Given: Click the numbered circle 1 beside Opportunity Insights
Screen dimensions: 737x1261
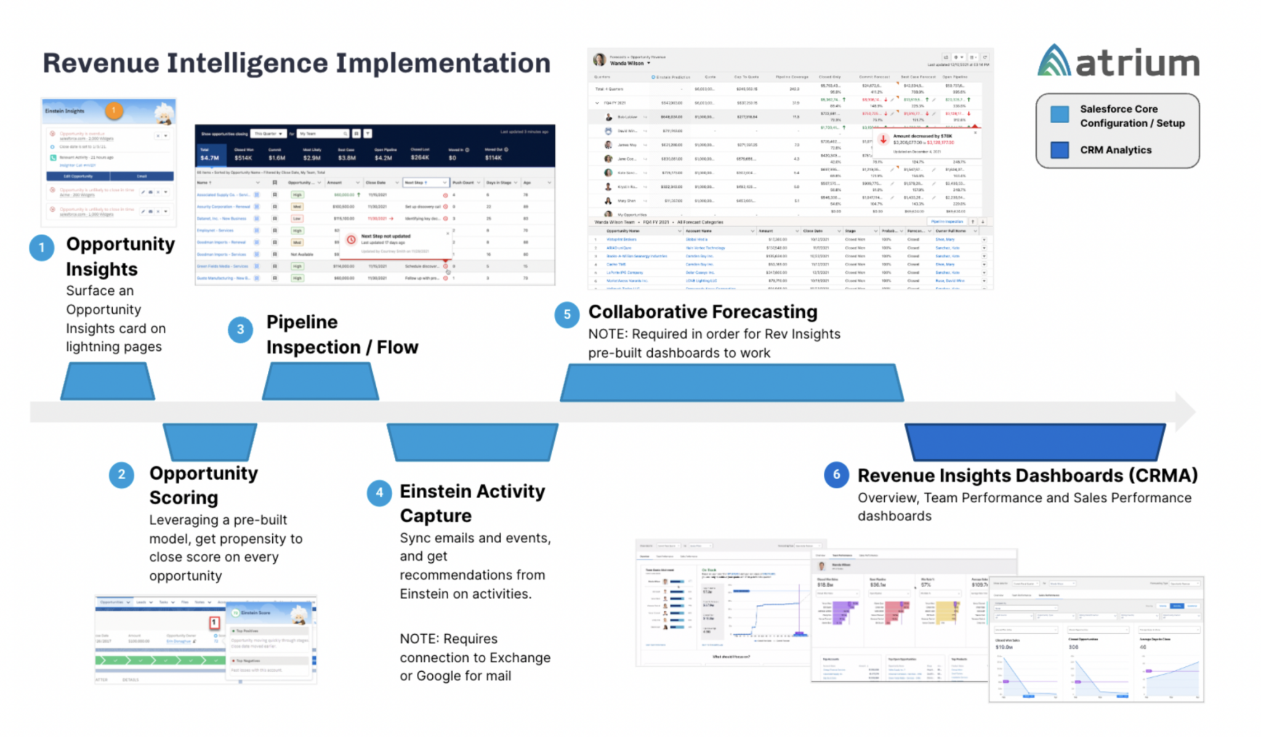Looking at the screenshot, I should point(41,248).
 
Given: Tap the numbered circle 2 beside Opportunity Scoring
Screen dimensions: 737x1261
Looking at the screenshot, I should point(121,475).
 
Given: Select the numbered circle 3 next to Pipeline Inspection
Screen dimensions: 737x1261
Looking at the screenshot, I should point(240,329).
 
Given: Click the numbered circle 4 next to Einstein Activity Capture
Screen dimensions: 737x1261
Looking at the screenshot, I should point(379,493).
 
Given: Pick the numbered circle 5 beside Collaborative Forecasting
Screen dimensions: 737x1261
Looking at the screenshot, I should point(566,315).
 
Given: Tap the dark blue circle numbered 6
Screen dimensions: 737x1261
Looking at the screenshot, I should point(836,475).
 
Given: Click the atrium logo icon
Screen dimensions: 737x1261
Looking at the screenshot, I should point(1054,61).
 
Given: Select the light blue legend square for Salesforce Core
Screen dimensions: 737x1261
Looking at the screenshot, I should point(1059,115).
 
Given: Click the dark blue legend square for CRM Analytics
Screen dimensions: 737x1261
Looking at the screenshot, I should point(1059,150).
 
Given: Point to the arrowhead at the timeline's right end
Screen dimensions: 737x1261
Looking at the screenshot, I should point(1184,411).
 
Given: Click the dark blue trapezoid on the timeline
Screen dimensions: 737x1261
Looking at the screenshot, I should point(1034,441).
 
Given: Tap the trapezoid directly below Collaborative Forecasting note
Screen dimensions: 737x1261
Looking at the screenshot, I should point(731,382).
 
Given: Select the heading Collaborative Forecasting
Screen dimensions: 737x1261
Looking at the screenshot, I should point(703,312).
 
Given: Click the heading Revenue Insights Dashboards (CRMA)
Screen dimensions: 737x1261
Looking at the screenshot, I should point(1027,475).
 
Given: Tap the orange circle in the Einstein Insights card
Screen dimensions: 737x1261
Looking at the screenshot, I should point(114,110).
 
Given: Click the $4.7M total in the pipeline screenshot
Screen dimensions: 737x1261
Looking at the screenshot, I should point(209,158).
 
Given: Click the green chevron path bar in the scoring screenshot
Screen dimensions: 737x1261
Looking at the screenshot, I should point(160,660).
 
